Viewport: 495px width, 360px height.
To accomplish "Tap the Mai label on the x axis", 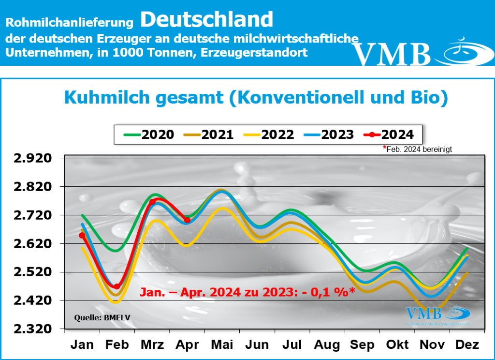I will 222,345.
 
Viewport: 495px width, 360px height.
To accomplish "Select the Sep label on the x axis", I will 362,345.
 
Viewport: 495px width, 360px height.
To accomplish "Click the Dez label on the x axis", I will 467,345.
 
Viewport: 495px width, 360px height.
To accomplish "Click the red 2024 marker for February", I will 116,286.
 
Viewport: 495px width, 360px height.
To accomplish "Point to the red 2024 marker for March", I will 152,202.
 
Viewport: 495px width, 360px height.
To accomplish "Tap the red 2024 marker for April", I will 187,220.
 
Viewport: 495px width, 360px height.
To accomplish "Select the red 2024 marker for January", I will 82,236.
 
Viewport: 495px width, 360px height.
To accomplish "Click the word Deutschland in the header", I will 207,19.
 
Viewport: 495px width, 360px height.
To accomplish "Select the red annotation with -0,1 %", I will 247,292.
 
